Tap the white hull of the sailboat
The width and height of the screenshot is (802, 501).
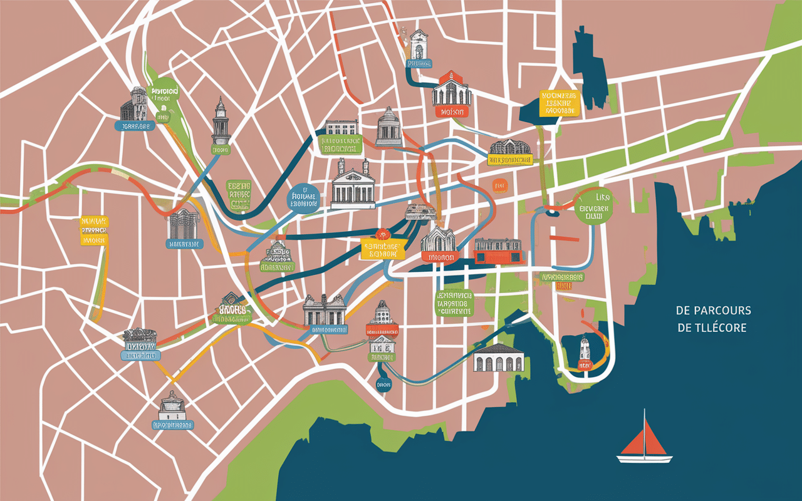tap(644, 459)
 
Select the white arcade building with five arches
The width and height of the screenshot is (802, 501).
tap(499, 358)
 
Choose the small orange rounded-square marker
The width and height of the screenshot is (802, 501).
tap(499, 185)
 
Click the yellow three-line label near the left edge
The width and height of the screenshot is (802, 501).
tap(95, 230)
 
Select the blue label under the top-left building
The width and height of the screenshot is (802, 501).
tap(135, 126)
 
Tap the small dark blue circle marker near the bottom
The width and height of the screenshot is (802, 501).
tap(382, 383)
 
